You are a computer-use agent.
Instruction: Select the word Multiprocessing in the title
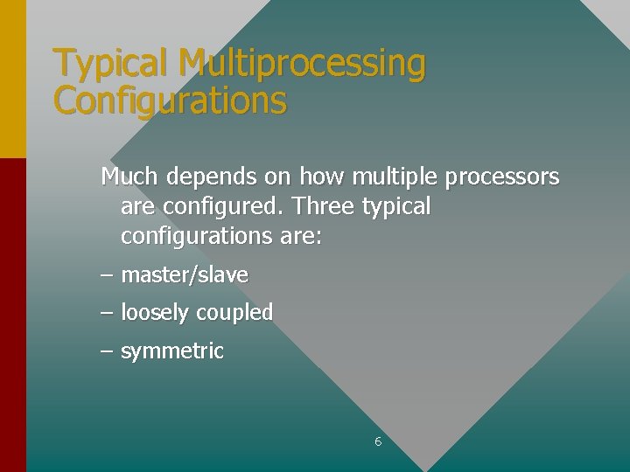tap(301, 64)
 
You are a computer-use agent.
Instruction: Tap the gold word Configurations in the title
tap(170, 101)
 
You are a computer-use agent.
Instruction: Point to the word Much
tap(129, 177)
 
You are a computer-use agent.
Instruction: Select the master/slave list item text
tap(185, 275)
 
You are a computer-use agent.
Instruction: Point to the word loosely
tap(156, 313)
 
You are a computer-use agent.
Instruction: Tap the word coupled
tap(234, 313)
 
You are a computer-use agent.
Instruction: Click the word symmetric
tap(172, 352)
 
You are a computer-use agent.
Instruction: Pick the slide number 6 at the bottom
tap(378, 442)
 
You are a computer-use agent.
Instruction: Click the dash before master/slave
tap(107, 275)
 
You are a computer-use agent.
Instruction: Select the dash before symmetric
tap(107, 351)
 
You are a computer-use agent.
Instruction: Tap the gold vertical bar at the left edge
tap(12, 79)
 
